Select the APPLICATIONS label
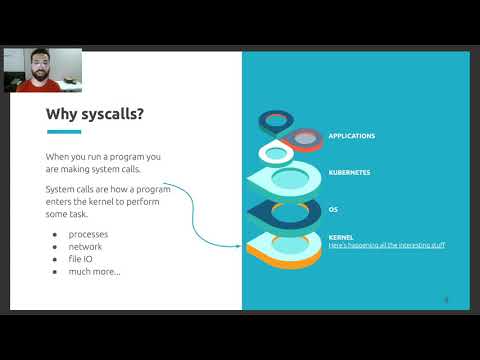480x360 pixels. click(352, 135)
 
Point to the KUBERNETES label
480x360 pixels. click(349, 172)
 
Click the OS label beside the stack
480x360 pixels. click(333, 209)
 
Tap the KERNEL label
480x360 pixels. click(341, 238)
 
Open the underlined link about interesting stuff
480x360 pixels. click(386, 245)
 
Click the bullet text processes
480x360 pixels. click(89, 234)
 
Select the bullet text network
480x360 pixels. click(86, 246)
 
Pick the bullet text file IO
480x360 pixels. click(82, 258)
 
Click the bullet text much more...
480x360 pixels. click(94, 270)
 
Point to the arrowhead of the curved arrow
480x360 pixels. click(239, 244)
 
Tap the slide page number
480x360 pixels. click(446, 298)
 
